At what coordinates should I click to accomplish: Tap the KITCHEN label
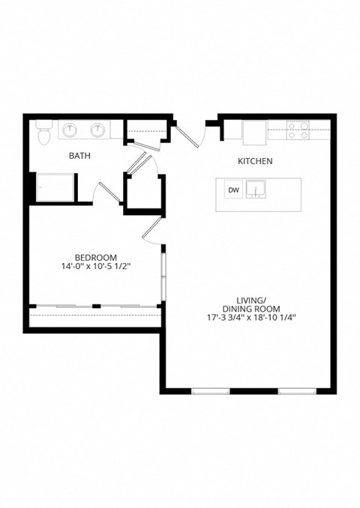[x=255, y=161]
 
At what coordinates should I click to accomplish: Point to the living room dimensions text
[x=251, y=317]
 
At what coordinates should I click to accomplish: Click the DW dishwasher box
[x=233, y=190]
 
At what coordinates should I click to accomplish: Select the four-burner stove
[x=298, y=130]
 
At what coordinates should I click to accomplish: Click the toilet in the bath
[x=43, y=133]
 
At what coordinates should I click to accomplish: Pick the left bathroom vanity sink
[x=70, y=130]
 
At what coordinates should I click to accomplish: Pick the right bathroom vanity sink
[x=97, y=130]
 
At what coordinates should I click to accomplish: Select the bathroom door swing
[x=105, y=191]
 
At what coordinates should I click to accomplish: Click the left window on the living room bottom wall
[x=210, y=390]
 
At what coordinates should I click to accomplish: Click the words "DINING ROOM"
[x=251, y=308]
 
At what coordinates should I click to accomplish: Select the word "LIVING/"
[x=251, y=299]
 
